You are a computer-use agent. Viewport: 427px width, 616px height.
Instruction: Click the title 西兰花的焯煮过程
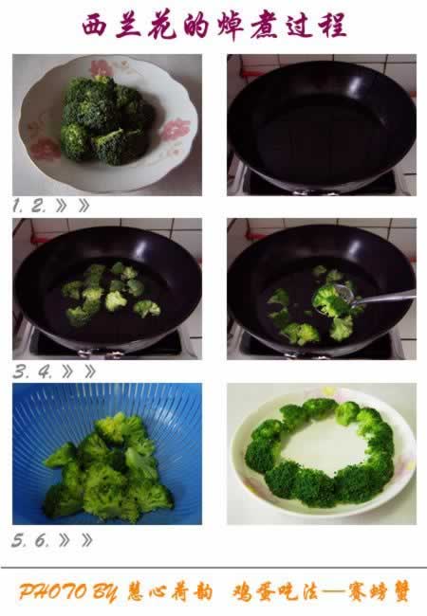[x=214, y=26]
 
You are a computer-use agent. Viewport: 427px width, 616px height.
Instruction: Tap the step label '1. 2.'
[x=29, y=206]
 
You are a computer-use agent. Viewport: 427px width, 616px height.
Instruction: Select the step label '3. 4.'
[x=32, y=371]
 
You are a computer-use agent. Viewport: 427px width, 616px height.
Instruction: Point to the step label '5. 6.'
[x=30, y=540]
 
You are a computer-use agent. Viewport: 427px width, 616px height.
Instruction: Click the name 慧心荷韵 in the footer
[x=170, y=591]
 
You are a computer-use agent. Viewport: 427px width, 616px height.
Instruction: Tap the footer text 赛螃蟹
[x=379, y=591]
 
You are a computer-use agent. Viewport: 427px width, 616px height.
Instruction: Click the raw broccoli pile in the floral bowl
[x=105, y=119]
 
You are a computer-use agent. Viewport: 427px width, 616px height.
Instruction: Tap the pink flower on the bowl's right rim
[x=175, y=131]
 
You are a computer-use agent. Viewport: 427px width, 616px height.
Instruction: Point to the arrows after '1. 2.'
[x=73, y=206]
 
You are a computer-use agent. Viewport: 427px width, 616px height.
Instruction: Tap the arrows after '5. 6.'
[x=76, y=540]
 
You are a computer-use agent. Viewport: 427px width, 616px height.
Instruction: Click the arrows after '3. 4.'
[x=79, y=371]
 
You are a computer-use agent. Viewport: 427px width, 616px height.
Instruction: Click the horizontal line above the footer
[x=213, y=568]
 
